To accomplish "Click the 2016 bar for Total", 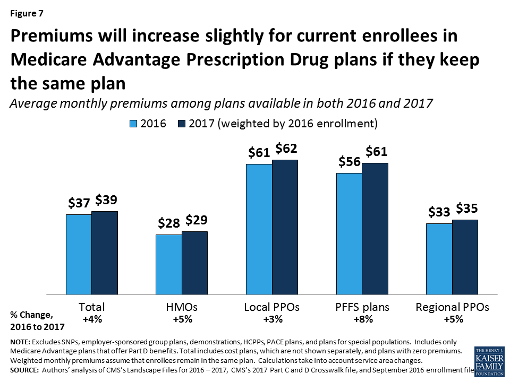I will [x=79, y=254].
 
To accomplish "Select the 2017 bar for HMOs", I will [x=194, y=263].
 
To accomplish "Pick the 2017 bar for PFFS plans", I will [x=375, y=228].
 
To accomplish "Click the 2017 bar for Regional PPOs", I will [x=465, y=257].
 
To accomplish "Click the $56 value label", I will [x=350, y=162].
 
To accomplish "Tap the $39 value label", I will [x=106, y=200].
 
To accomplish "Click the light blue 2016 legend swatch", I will [x=134, y=124].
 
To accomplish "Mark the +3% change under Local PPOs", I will [x=271, y=319].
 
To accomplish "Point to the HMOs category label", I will [x=182, y=307].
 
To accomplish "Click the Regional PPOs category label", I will [x=452, y=307].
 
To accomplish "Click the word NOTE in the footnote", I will [x=20, y=342].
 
